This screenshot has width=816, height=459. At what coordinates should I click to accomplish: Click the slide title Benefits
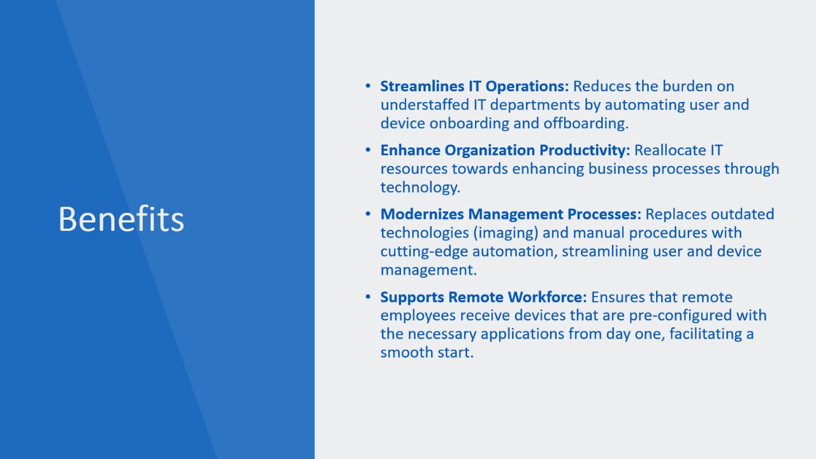coord(121,219)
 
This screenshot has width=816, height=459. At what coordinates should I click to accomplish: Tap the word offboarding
coord(586,124)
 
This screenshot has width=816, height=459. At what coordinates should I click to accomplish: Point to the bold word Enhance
coord(410,150)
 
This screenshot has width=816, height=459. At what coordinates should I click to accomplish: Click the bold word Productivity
coord(585,150)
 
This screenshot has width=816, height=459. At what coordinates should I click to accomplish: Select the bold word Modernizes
coord(422,214)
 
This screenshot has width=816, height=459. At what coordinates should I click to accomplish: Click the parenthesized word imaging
coord(506,233)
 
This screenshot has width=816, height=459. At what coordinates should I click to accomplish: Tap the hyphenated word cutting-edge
coord(424,252)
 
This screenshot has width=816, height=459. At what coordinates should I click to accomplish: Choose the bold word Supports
coord(412,297)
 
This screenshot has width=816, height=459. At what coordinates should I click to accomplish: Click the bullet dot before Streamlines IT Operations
coord(368,86)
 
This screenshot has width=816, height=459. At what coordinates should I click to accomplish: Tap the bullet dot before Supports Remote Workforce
coord(368,297)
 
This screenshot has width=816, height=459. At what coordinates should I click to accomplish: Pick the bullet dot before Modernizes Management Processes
coord(368,214)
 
